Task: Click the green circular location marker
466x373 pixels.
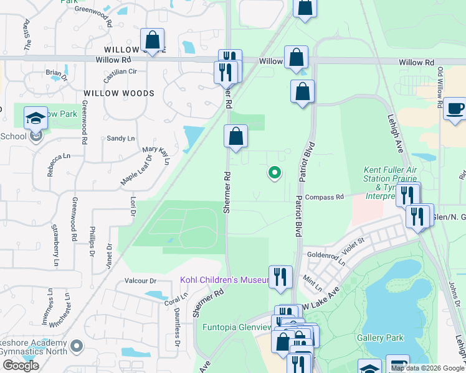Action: pos(274,173)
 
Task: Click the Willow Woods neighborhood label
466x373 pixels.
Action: pos(119,93)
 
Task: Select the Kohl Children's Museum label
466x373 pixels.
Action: pos(223,280)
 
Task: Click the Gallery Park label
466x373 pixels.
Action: pos(380,338)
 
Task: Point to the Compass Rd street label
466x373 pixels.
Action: pos(325,197)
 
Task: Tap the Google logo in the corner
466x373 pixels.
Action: pos(21,366)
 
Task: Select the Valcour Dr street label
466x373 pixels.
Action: pos(140,280)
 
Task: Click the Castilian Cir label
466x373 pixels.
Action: pos(120,72)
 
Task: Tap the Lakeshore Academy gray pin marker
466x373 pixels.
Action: pos(77,345)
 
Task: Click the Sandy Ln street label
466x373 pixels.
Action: pos(120,139)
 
